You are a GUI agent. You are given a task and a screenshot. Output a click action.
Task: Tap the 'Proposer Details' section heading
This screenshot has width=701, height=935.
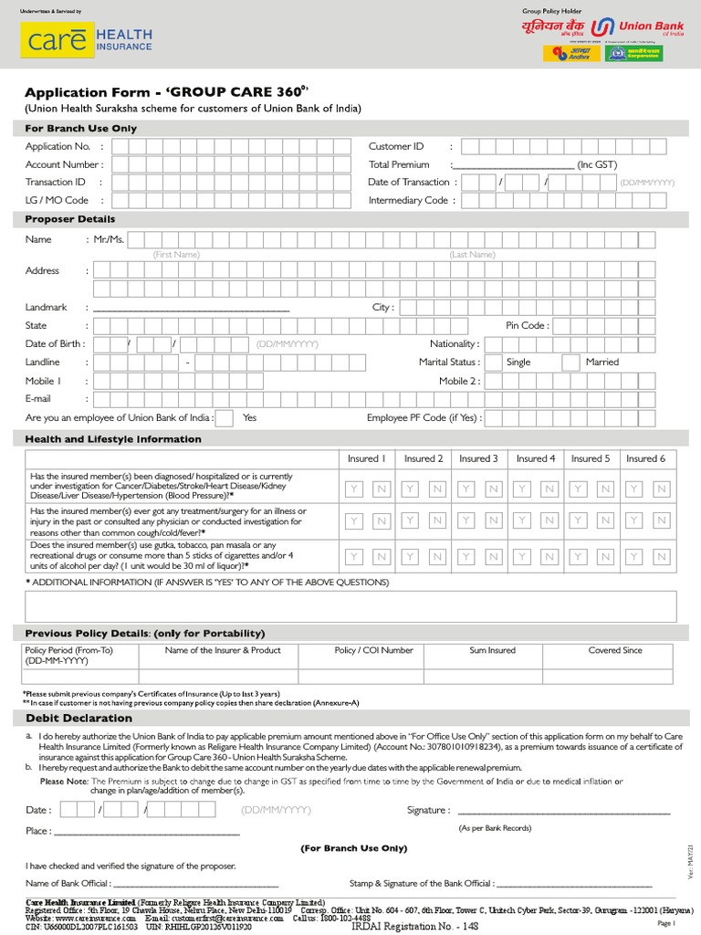(70, 219)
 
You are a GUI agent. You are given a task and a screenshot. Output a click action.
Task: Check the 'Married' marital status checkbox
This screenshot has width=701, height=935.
(570, 362)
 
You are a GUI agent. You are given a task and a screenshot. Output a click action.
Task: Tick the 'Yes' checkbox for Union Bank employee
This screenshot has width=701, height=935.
(224, 418)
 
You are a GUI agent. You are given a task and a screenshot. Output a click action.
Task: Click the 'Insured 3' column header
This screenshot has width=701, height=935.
(478, 458)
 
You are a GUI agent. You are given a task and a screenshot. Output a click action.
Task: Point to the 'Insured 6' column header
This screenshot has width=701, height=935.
(645, 458)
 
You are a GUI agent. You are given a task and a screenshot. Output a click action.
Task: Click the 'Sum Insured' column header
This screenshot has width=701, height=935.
(492, 650)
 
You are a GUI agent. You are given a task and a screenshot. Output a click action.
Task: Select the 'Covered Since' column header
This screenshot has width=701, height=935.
(615, 650)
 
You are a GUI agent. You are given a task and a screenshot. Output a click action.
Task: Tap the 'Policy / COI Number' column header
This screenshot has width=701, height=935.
(373, 650)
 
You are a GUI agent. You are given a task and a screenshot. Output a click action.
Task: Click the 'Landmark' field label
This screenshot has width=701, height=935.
(46, 308)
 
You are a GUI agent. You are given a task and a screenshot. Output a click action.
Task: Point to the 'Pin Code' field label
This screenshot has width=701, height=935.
(527, 325)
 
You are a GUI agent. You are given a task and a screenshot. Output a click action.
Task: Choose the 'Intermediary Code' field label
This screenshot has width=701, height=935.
(408, 200)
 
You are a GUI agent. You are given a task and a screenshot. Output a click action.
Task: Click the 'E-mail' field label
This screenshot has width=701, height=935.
(38, 399)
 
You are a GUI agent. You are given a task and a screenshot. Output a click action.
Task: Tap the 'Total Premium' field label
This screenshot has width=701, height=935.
(399, 164)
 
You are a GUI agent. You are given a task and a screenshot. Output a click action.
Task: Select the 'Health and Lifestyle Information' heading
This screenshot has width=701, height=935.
(113, 439)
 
